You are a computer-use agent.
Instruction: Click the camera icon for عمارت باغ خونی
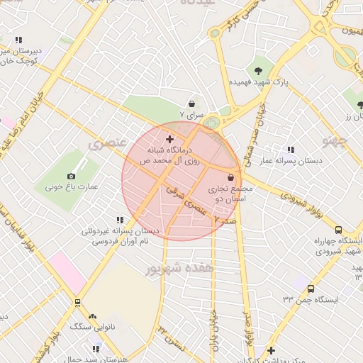pyautogui.click(x=71, y=176)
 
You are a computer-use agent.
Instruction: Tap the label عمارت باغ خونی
pyautogui.click(x=72, y=187)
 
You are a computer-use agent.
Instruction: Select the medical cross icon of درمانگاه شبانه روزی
pyautogui.click(x=169, y=138)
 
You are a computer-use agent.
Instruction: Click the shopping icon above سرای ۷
pyautogui.click(x=192, y=104)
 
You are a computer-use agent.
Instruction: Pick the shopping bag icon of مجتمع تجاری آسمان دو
pyautogui.click(x=230, y=177)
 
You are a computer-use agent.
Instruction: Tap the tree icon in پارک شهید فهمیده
pyautogui.click(x=258, y=70)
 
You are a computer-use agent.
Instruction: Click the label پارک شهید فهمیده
pyautogui.click(x=257, y=83)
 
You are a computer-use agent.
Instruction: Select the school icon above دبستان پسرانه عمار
pyautogui.click(x=291, y=150)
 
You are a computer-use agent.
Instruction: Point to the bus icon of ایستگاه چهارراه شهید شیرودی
pyautogui.click(x=338, y=230)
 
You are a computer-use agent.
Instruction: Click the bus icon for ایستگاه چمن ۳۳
pyautogui.click(x=311, y=288)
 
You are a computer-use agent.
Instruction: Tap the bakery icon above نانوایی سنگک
pyautogui.click(x=91, y=316)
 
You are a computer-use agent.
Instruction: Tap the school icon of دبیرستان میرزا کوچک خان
pyautogui.click(x=18, y=40)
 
